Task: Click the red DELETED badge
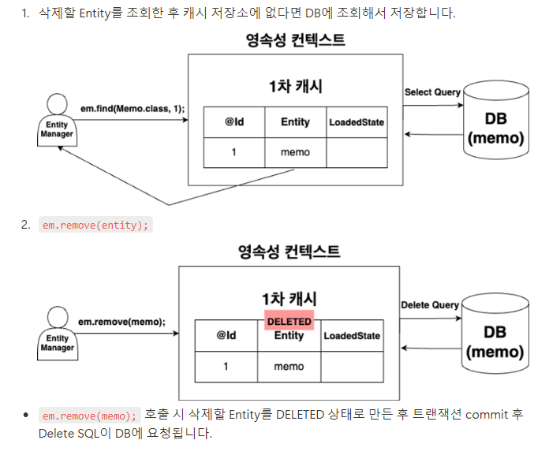[x=289, y=322]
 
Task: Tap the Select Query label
[x=432, y=92]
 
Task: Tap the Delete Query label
[x=430, y=305]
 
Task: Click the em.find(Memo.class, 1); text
[x=133, y=106]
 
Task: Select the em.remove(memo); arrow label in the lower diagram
[x=122, y=321]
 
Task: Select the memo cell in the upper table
[x=295, y=152]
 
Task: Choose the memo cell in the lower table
[x=289, y=367]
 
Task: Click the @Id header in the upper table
[x=233, y=122]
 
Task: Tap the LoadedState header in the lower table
[x=351, y=336]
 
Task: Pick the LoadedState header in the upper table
[x=357, y=122]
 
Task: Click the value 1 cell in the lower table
[x=226, y=367]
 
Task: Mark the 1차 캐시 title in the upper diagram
[x=294, y=86]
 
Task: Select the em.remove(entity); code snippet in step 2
[x=95, y=225]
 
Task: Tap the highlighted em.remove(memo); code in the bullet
[x=89, y=415]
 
